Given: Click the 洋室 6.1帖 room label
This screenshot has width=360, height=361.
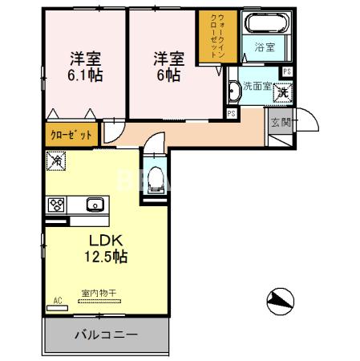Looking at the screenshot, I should (x=83, y=67).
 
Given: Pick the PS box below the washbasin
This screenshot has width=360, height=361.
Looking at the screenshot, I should (x=231, y=113).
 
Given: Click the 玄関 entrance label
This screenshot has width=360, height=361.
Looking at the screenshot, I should (x=280, y=122).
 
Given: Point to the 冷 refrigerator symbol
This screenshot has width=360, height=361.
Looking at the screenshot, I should (x=57, y=161).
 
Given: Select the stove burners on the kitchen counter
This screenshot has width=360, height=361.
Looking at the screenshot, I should (x=58, y=205).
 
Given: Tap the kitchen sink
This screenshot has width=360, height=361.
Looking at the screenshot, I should (x=95, y=205).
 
